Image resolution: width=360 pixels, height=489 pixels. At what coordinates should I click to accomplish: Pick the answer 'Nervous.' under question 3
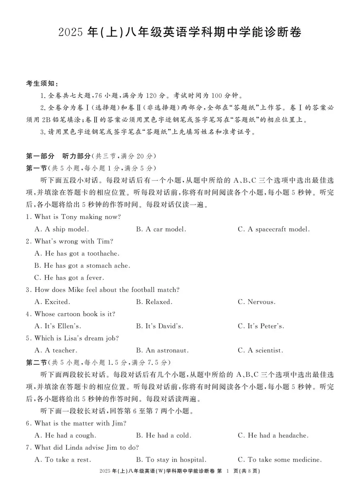[x=261, y=302]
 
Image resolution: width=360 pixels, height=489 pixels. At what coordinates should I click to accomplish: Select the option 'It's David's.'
[x=164, y=326]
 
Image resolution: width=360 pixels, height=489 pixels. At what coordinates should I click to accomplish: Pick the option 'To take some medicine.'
[x=284, y=460]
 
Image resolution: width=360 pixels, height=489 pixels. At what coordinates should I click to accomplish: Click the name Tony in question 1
[x=69, y=217]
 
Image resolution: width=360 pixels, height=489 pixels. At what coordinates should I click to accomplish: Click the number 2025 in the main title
[x=72, y=33]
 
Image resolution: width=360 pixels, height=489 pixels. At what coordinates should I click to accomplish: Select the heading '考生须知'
[x=40, y=84]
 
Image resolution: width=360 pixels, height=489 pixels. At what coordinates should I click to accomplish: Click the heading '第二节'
[x=36, y=363]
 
